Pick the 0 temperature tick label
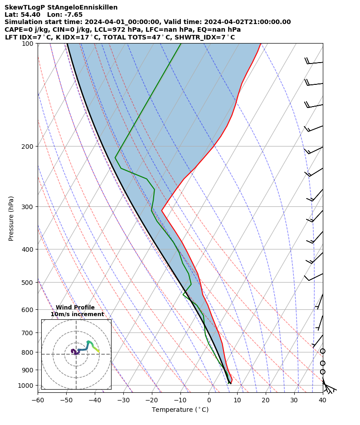coord(209,400)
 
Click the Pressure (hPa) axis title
coord(11,218)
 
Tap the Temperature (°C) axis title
coord(180,410)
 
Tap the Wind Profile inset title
coord(75,308)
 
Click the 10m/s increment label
coord(77,314)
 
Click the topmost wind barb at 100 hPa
coord(314,62)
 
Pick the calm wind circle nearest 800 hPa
coord(322,351)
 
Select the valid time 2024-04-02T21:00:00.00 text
coord(247,22)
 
